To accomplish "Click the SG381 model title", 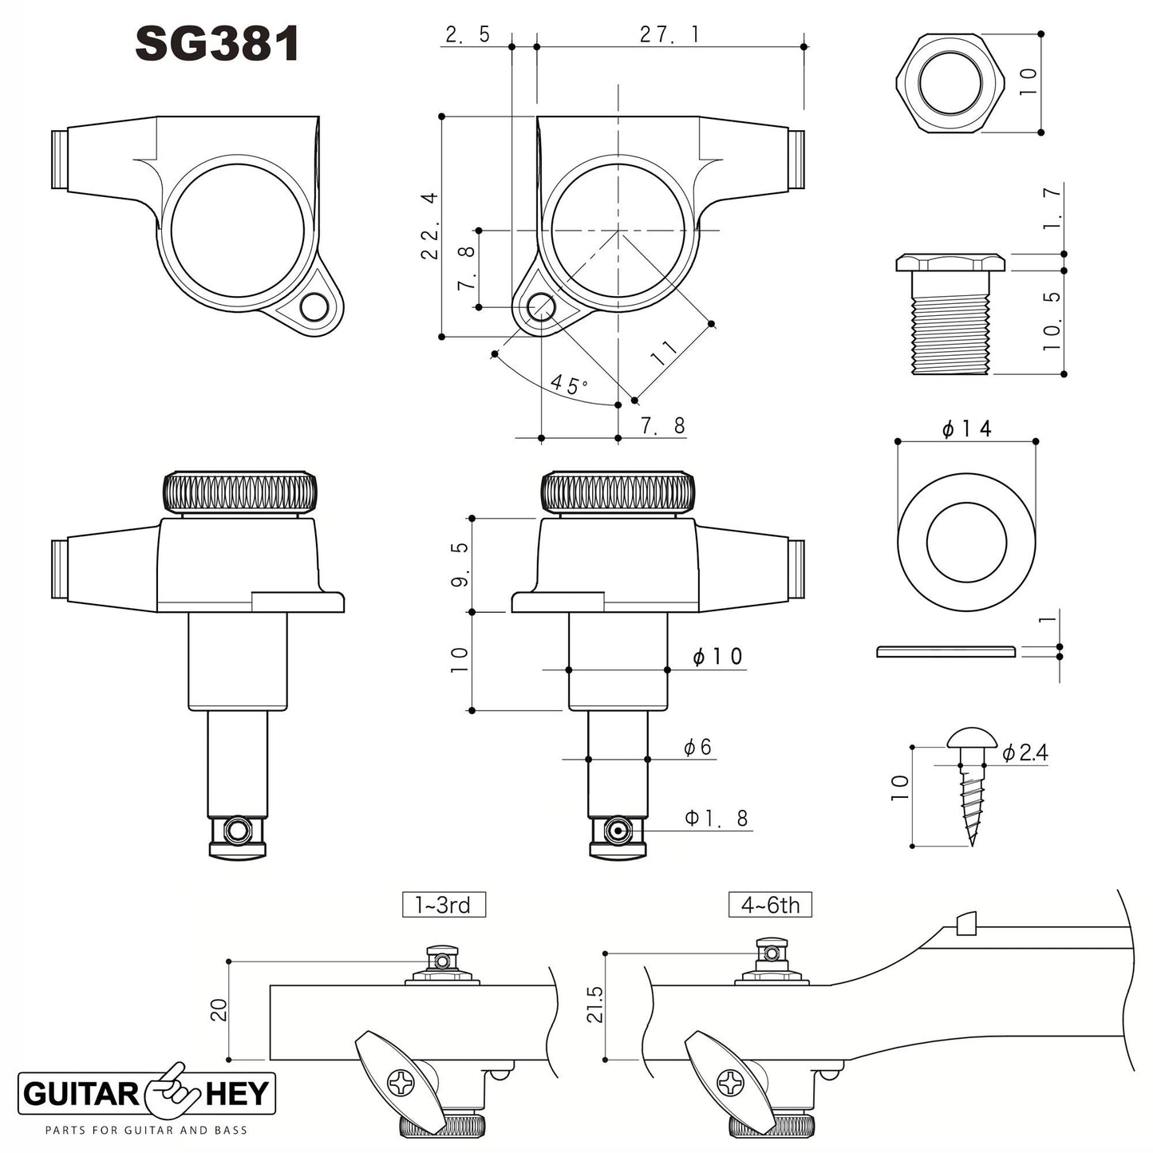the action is coord(217,44).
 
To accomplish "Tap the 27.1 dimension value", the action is coord(669,34).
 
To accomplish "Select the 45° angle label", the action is coord(569,384).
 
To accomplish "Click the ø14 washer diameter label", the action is coord(966,428).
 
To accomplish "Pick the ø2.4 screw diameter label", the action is coord(1025,752).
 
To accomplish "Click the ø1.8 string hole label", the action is coord(717,818).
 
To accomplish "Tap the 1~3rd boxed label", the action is coord(444,905).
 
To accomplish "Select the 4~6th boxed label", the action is coord(770,905).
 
